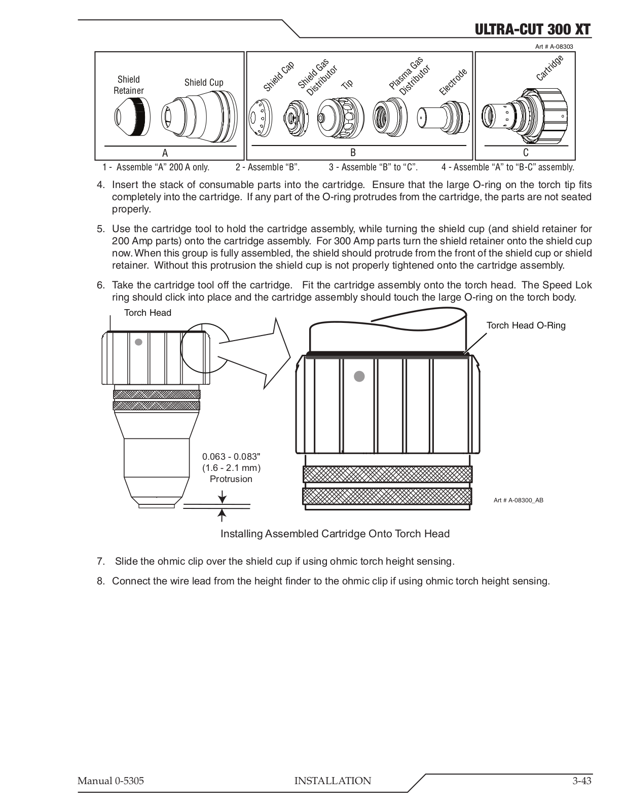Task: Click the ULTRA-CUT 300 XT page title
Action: [532, 29]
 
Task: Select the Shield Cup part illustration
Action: [199, 118]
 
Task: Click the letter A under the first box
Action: [165, 153]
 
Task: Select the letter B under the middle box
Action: [353, 153]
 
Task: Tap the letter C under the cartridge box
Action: [526, 153]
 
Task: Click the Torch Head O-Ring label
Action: [526, 325]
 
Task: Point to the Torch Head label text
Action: [147, 313]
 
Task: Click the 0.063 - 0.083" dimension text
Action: [231, 457]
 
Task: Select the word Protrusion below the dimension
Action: [231, 479]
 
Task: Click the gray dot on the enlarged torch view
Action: [359, 376]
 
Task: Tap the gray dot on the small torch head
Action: [138, 342]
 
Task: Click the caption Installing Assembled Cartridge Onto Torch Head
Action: [335, 534]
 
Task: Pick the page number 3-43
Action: [578, 781]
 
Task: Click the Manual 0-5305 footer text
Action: [110, 781]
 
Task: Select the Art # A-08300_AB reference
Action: [518, 500]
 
